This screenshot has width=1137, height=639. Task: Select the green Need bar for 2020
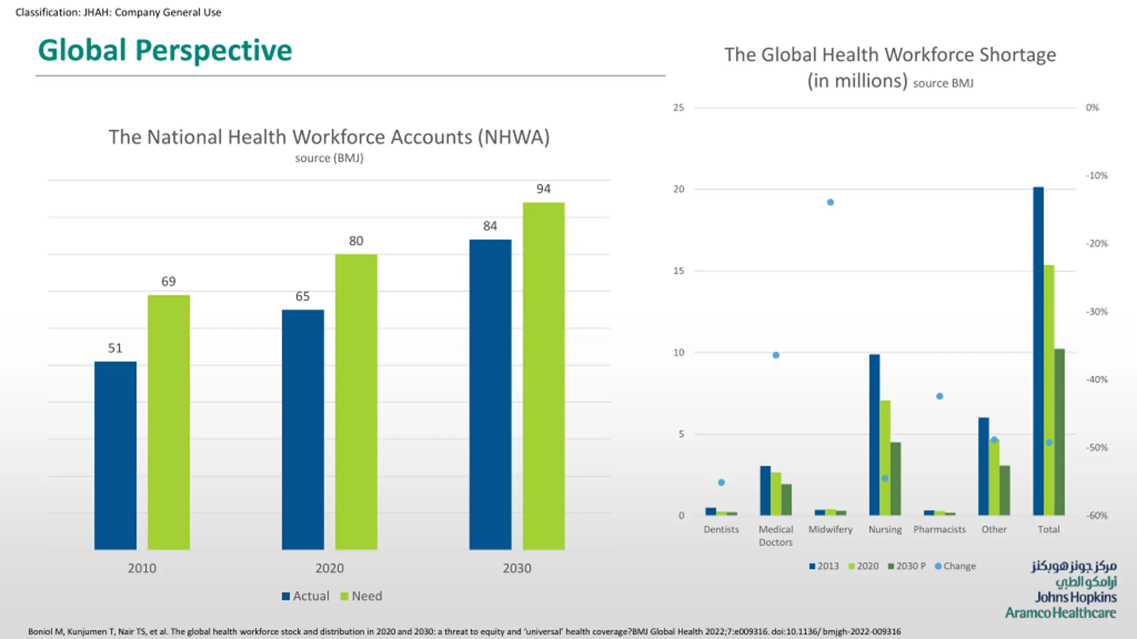click(356, 402)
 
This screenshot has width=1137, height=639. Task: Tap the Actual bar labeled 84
click(490, 394)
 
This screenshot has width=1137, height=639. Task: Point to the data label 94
click(543, 189)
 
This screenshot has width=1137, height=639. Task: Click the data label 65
click(302, 296)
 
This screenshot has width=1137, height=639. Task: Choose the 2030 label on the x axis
click(517, 568)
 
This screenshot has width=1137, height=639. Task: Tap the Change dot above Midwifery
click(830, 202)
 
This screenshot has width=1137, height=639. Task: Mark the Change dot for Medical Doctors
click(776, 355)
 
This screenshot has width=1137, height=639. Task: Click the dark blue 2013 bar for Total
click(1038, 351)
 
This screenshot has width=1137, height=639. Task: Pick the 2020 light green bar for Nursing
click(885, 458)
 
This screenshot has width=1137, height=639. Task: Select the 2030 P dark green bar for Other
click(1005, 490)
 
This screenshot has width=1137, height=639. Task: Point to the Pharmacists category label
click(939, 529)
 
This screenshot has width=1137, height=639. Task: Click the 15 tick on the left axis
click(679, 271)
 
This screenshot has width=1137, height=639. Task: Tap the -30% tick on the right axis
click(1097, 312)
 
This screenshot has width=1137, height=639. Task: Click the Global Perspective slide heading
click(165, 50)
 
